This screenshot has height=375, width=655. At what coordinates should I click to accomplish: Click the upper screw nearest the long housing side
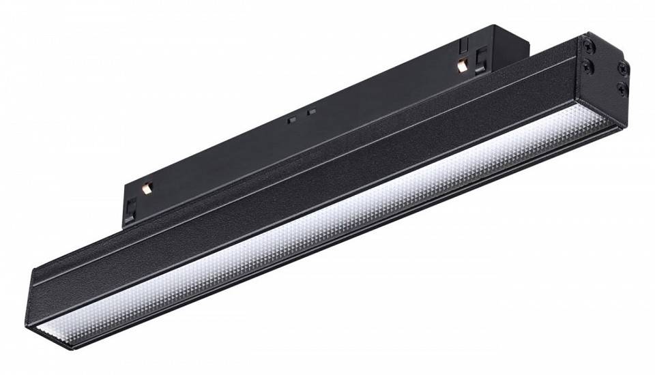(587, 44)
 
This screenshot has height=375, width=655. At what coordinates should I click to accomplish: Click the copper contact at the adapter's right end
(462, 65)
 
